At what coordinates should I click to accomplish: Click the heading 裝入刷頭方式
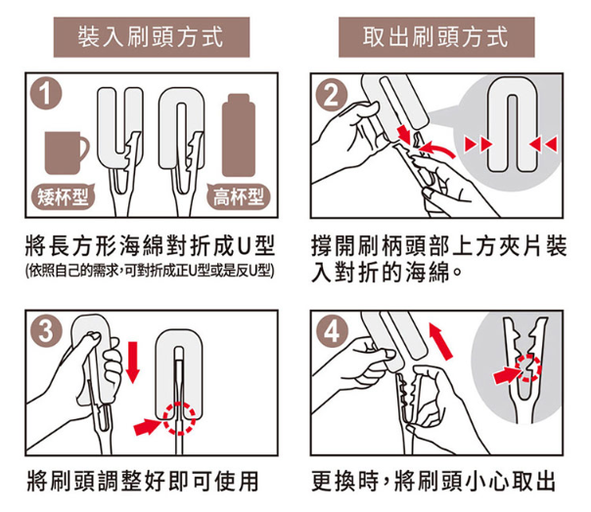(x=151, y=37)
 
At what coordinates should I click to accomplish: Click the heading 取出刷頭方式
(x=436, y=37)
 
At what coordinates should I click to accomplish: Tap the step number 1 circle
(x=46, y=94)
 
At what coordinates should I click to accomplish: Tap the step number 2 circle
(x=331, y=96)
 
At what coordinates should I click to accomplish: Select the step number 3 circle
(x=46, y=331)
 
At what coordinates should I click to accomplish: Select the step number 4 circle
(x=332, y=331)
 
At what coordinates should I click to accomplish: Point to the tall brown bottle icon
(x=238, y=135)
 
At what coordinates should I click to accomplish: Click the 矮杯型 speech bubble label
(x=63, y=196)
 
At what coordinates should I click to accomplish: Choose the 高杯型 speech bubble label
(x=238, y=196)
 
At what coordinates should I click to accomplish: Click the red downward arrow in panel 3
(x=132, y=363)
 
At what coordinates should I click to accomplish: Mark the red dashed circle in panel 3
(x=179, y=418)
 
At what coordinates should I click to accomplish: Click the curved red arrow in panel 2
(x=436, y=149)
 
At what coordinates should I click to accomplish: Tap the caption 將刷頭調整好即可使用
(x=143, y=481)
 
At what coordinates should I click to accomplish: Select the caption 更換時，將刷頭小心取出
(x=433, y=481)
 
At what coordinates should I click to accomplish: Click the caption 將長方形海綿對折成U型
(x=150, y=245)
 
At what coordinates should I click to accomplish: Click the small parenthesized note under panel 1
(x=150, y=271)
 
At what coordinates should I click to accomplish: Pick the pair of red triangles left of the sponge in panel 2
(x=477, y=144)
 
